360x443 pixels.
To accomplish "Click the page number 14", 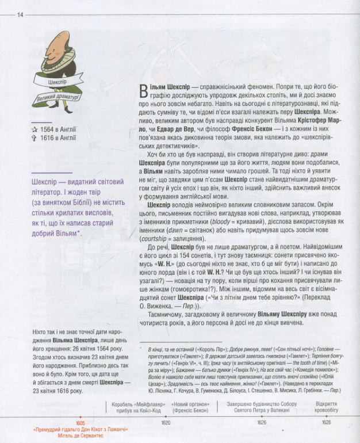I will (x=20, y=14).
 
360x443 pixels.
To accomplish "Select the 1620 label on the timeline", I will (x=166, y=422).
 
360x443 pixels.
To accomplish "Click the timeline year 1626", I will (x=262, y=422).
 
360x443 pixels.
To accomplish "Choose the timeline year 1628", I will (x=327, y=422).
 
